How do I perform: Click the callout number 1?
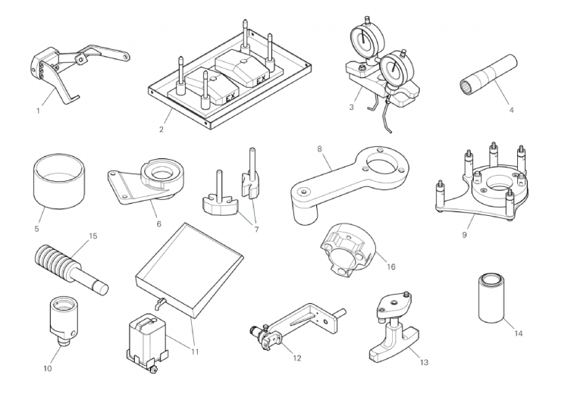point(38,111)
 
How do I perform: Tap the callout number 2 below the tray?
point(161,130)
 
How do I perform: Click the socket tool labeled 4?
point(489,74)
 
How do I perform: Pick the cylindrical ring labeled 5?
point(59,181)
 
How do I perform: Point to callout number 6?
point(159,224)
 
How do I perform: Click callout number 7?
point(256,230)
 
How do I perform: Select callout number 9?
point(464,235)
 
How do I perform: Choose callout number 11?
point(195,352)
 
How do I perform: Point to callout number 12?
point(297,358)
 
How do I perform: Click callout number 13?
point(425,362)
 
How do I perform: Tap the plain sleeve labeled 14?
point(491,298)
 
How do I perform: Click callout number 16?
point(390,267)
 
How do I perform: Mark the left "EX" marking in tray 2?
point(231,98)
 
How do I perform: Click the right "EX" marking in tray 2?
point(261,80)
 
